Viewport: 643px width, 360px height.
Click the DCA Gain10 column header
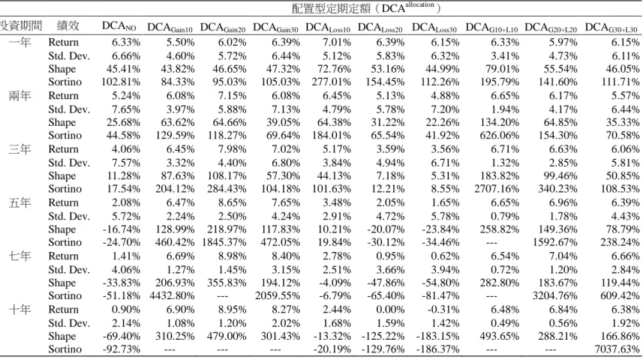[x=170, y=28]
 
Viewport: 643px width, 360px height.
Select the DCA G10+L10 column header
[x=491, y=28]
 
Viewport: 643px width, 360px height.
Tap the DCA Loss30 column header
[x=434, y=28]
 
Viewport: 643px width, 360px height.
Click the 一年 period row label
[x=20, y=42]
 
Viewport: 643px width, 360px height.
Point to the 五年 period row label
[x=20, y=202]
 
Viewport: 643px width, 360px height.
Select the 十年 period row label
[x=20, y=310]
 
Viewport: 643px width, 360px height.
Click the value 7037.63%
[x=617, y=349]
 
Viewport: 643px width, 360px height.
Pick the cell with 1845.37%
[x=224, y=242]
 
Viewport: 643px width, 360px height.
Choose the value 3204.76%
[x=554, y=295]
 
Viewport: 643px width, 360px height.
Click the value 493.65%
[x=500, y=336]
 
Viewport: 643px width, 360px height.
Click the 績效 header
[x=68, y=25]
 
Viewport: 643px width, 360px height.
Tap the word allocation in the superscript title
[x=419, y=4]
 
